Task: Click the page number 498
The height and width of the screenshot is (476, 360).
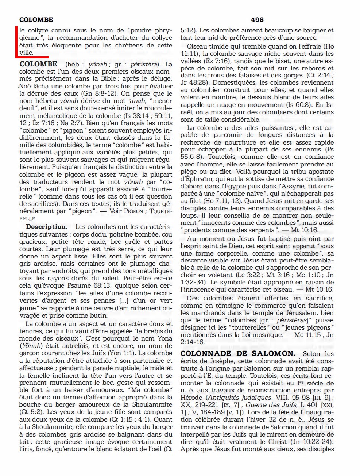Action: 257,20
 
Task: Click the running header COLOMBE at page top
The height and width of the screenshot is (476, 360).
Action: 36,20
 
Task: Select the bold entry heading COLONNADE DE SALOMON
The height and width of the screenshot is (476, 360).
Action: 238,353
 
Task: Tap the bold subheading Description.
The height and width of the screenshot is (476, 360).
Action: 46,227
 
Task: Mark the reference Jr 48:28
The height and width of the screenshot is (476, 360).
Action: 195,82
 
